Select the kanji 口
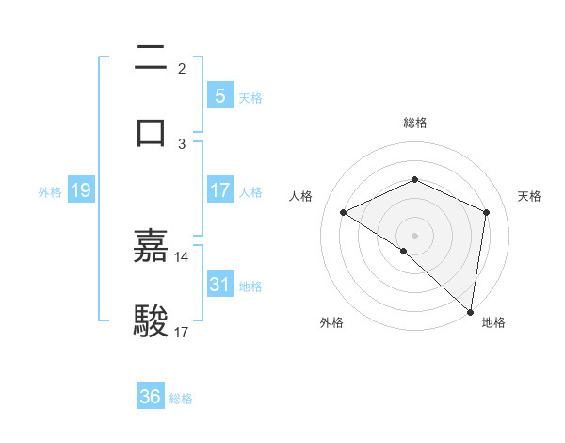click(x=151, y=131)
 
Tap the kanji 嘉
click(x=151, y=246)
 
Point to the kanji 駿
click(x=151, y=320)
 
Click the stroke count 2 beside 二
click(x=182, y=69)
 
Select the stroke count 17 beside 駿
click(x=182, y=332)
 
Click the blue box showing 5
click(x=219, y=95)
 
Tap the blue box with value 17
click(x=219, y=190)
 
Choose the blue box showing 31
click(x=219, y=284)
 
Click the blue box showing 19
click(x=80, y=191)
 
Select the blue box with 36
click(x=151, y=397)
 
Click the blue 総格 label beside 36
click(x=181, y=399)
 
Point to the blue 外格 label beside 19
click(x=50, y=192)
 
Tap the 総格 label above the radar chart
click(x=414, y=123)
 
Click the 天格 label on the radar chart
click(x=529, y=196)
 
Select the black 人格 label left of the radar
click(x=301, y=196)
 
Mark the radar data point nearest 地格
click(x=470, y=311)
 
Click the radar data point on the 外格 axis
click(x=404, y=251)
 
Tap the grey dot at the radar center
click(x=414, y=235)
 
